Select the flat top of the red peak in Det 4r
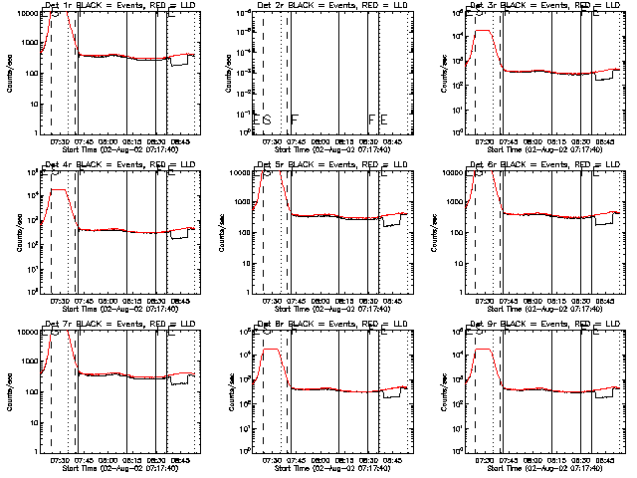[x=58, y=189]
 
